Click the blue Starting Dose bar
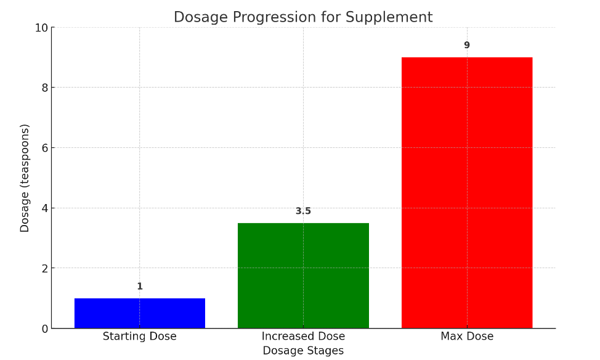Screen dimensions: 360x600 point(140,313)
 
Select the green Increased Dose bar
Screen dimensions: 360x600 point(303,276)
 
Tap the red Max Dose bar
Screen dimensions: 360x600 point(467,192)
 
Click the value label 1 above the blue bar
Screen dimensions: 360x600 point(140,287)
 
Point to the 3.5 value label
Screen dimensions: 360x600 point(303,211)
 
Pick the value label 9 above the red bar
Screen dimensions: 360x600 point(467,46)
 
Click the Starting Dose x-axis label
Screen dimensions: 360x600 point(140,337)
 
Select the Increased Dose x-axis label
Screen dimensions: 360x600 point(303,337)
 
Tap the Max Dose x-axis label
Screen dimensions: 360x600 point(467,337)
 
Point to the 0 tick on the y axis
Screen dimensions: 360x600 point(44,329)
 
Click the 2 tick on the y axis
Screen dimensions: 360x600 point(44,268)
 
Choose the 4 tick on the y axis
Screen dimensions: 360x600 point(44,208)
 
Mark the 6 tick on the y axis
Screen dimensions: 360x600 point(44,148)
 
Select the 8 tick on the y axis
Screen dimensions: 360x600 point(44,88)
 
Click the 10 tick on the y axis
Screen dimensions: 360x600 point(41,28)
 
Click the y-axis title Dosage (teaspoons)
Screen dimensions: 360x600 point(25,178)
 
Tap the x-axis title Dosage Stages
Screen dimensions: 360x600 point(303,351)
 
